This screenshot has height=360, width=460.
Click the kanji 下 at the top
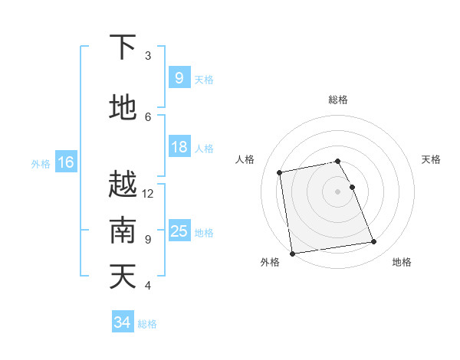click(x=123, y=47)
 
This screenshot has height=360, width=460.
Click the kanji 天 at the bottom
click(x=123, y=277)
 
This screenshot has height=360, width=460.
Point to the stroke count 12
click(x=148, y=193)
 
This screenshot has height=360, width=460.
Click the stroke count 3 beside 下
click(x=148, y=55)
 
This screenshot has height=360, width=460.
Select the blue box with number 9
click(x=179, y=78)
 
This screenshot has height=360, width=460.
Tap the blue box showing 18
click(x=179, y=147)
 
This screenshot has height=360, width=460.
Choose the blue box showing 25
click(x=179, y=231)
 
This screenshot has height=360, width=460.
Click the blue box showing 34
click(x=122, y=322)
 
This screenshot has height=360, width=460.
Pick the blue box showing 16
click(x=65, y=162)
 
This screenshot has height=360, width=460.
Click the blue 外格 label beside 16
click(x=41, y=163)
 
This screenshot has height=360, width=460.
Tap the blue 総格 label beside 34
click(x=147, y=323)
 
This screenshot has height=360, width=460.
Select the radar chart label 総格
click(x=337, y=100)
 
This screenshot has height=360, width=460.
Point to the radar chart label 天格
click(x=431, y=159)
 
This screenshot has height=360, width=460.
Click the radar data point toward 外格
click(x=291, y=253)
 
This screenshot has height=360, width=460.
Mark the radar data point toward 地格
click(x=374, y=242)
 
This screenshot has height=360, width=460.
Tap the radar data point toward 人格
click(x=280, y=172)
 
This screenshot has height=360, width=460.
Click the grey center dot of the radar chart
click(x=337, y=191)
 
